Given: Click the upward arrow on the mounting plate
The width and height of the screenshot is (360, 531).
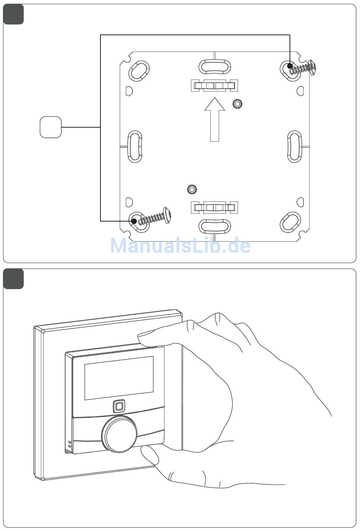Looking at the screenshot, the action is click(x=214, y=119).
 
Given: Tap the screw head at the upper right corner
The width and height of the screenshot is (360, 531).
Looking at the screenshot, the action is click(x=313, y=67).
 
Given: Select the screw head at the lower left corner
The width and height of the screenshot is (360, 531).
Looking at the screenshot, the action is click(x=167, y=216).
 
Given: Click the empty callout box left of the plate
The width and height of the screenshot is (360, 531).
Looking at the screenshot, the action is click(x=50, y=127).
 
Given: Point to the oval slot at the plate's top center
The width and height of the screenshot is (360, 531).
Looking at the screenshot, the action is click(x=214, y=66).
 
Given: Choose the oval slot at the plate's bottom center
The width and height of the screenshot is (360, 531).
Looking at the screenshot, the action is click(x=214, y=226).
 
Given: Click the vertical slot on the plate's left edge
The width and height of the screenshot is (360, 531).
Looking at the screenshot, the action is click(x=135, y=146).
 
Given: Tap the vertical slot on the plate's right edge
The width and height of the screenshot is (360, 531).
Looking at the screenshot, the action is click(x=294, y=146).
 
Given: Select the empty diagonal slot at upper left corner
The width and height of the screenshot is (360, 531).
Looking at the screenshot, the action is click(x=139, y=70).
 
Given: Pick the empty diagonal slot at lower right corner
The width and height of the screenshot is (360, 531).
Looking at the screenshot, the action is click(x=290, y=222).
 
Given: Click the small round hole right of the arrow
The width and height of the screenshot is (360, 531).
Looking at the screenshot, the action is click(x=237, y=104).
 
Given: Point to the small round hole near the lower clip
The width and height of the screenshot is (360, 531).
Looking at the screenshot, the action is click(x=192, y=189).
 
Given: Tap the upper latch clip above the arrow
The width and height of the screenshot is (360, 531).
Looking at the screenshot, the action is click(x=214, y=86).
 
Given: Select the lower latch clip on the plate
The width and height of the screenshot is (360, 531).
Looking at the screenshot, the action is click(x=214, y=208).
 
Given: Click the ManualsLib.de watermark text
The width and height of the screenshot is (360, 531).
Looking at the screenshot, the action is click(x=180, y=245).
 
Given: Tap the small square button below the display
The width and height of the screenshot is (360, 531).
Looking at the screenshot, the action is click(x=119, y=406).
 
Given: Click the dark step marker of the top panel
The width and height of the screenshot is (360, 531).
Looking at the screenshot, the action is click(x=13, y=14).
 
